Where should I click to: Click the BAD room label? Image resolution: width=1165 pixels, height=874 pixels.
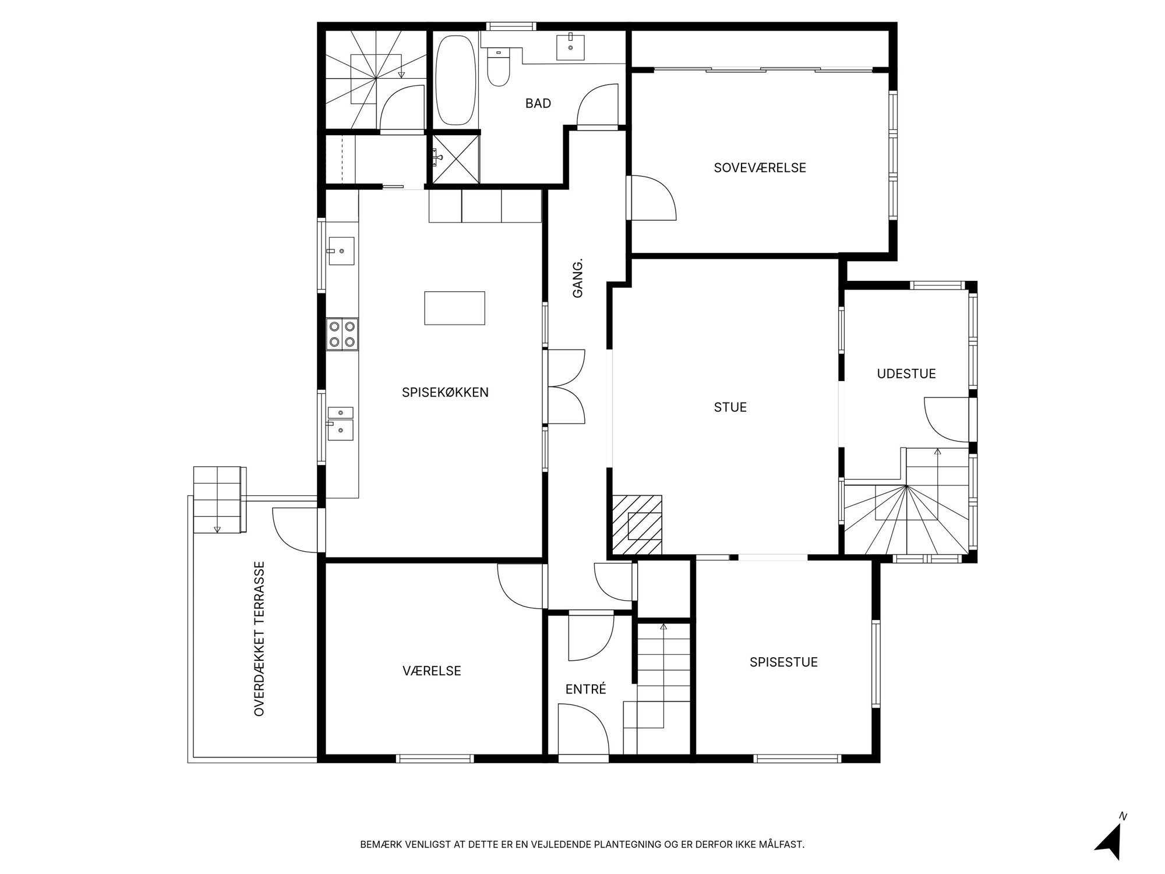click(538, 104)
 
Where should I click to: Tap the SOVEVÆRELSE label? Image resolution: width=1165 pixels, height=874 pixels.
click(760, 168)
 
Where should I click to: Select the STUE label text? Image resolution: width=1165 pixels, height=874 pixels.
click(730, 407)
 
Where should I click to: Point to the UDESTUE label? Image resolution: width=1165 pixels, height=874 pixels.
click(906, 374)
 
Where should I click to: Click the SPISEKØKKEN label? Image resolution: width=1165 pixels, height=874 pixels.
click(445, 393)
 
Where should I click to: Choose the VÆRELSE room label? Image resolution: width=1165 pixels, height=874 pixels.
click(432, 671)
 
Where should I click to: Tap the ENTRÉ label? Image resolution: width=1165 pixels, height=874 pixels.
click(585, 689)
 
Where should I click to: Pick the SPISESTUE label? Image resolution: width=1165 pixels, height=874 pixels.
click(783, 662)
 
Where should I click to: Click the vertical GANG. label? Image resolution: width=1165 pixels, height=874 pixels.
click(578, 279)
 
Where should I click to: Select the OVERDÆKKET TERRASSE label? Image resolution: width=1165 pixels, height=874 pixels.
click(260, 639)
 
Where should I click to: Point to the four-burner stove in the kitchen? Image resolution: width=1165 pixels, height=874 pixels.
click(342, 334)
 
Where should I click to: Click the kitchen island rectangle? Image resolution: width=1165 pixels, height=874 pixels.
click(454, 308)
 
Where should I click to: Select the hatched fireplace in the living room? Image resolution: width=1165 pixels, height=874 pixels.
click(637, 524)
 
